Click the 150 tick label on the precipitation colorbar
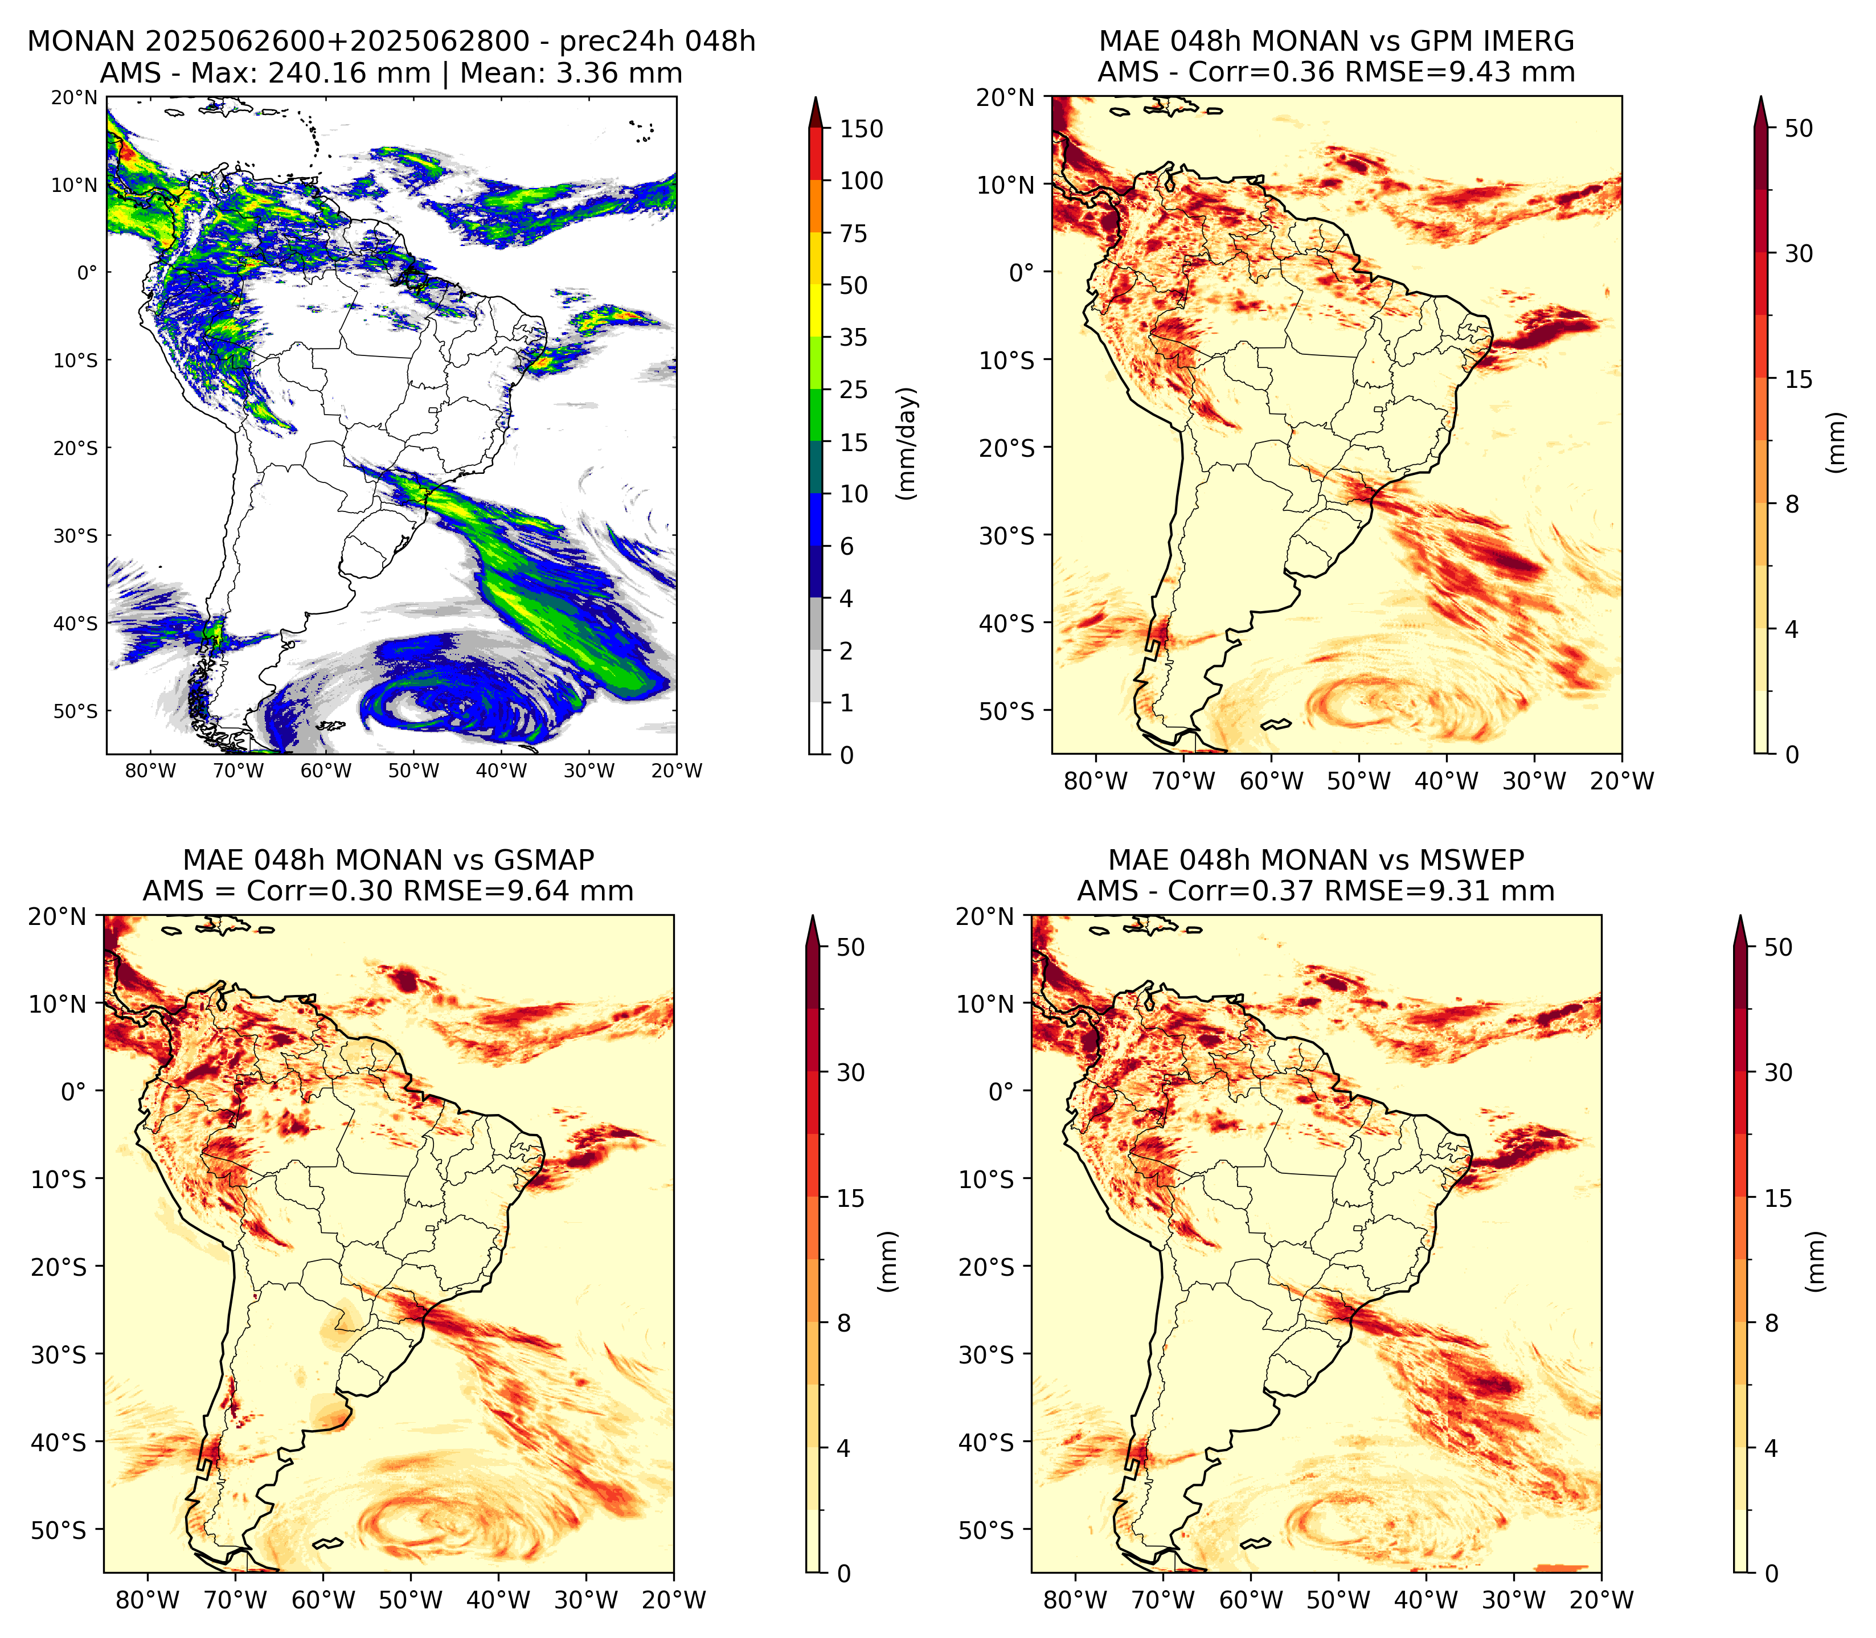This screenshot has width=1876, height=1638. (862, 129)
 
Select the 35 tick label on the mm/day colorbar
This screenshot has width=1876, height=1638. (854, 337)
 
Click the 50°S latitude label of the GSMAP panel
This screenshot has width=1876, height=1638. (58, 1530)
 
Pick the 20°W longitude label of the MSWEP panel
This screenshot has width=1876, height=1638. (1601, 1600)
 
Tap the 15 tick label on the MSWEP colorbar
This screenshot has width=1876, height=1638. (1778, 1198)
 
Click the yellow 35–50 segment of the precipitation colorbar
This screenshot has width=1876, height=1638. (816, 311)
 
